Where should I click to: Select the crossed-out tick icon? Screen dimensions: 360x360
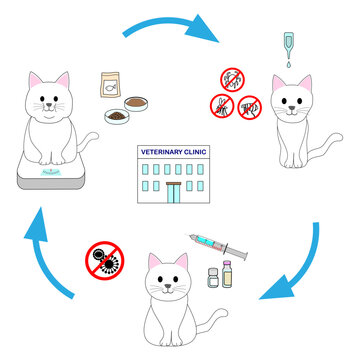pos(233,79)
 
